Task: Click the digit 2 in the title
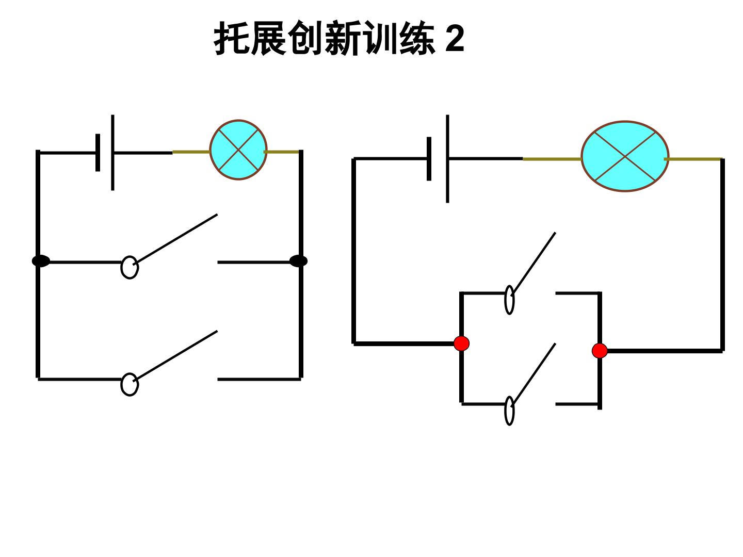pyautogui.click(x=454, y=39)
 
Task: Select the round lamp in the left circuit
pyautogui.click(x=238, y=150)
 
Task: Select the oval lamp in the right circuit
pyautogui.click(x=625, y=156)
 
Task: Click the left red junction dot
pyautogui.click(x=461, y=343)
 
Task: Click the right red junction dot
pyautogui.click(x=600, y=351)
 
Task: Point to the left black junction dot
pyautogui.click(x=41, y=261)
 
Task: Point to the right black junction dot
pyautogui.click(x=299, y=261)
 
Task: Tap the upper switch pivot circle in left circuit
pyautogui.click(x=130, y=267)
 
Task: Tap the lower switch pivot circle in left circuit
pyautogui.click(x=130, y=384)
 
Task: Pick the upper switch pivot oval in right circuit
pyautogui.click(x=509, y=300)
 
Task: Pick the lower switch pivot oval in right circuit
pyautogui.click(x=509, y=411)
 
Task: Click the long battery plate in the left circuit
pyautogui.click(x=112, y=153)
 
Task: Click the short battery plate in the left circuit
pyautogui.click(x=98, y=153)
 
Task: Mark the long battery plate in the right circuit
pyautogui.click(x=447, y=159)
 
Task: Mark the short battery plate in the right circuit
pyautogui.click(x=429, y=159)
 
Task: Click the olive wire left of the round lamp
pyautogui.click(x=191, y=152)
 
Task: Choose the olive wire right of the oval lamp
pyautogui.click(x=693, y=159)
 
